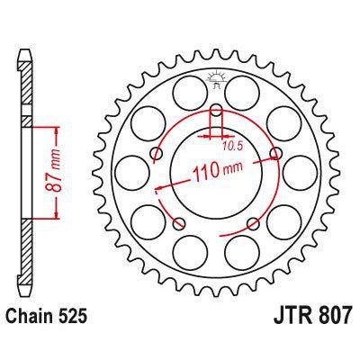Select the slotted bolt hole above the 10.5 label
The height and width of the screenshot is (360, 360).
tap(216, 115)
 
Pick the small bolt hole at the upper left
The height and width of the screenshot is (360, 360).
tap(158, 156)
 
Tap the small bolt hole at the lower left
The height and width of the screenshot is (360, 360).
tap(180, 223)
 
